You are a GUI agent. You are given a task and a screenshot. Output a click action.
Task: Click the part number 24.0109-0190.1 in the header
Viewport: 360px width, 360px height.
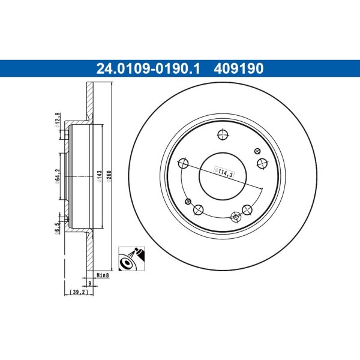pos(148,68)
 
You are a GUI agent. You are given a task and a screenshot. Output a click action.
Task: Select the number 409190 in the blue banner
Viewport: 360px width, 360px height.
pos(239,68)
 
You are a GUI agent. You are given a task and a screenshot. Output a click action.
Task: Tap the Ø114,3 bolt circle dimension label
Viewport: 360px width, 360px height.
pos(224,172)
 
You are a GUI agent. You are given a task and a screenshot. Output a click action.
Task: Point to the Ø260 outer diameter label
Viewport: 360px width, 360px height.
pos(109,176)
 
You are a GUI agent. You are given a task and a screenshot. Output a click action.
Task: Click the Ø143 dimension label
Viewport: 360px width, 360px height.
pos(100,176)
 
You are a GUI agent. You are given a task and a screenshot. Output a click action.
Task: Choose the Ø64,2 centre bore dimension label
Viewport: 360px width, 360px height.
pos(58,176)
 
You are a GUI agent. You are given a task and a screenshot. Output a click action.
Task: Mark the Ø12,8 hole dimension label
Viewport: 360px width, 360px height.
pos(58,120)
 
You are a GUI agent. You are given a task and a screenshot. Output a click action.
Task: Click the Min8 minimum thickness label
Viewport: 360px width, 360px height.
pos(103,275)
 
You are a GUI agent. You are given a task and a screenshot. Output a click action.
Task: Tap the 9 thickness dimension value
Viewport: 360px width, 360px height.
pos(90,283)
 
